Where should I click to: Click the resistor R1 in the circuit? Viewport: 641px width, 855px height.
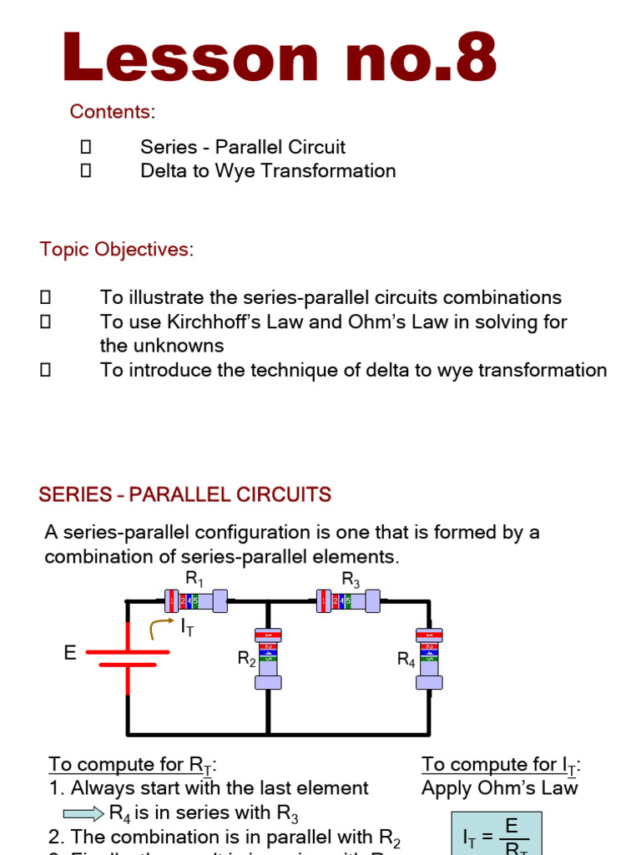(x=195, y=600)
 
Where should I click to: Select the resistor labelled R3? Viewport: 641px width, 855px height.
(x=348, y=600)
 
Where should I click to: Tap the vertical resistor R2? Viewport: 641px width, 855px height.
(x=267, y=658)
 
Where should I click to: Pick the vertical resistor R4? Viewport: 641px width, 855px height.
(x=429, y=658)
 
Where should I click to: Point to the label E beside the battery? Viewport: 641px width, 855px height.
(x=70, y=653)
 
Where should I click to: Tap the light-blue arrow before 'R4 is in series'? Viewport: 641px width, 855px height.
(x=84, y=813)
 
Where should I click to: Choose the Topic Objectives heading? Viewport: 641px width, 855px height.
(x=114, y=249)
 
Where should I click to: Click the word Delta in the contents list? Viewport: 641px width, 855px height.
(x=168, y=171)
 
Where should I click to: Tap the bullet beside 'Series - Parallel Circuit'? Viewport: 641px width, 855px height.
(x=85, y=148)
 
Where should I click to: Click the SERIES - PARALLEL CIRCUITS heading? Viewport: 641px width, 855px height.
(x=184, y=495)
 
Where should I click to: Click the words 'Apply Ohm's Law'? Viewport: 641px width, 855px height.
(x=499, y=788)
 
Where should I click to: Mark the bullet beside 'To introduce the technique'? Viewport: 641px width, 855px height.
(x=46, y=370)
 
